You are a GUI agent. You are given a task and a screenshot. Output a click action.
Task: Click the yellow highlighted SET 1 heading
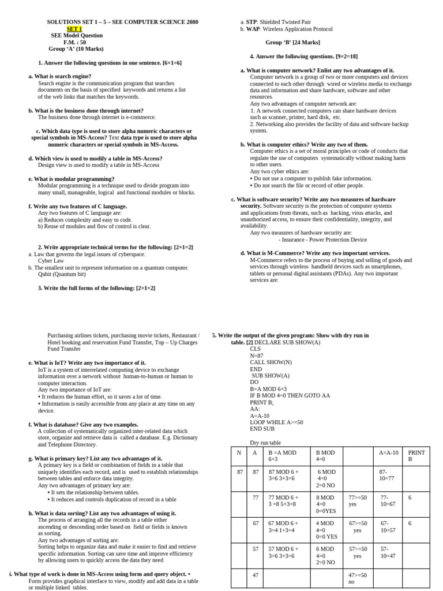click(74, 29)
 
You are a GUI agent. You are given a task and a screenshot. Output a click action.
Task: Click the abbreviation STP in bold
click(251, 22)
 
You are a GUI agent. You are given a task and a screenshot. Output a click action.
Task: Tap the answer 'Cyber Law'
click(51, 261)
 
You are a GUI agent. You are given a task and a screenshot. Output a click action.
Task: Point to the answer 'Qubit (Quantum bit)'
click(62, 274)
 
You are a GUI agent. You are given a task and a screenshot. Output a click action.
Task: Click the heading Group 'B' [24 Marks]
click(292, 43)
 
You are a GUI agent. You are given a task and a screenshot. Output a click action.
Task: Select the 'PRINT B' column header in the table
click(416, 455)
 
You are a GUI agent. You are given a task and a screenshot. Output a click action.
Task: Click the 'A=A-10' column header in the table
click(388, 452)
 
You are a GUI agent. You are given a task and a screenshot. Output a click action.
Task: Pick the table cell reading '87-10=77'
click(386, 475)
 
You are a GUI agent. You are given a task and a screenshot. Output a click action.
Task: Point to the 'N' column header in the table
click(239, 452)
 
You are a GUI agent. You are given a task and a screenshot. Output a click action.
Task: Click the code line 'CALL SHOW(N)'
click(271, 362)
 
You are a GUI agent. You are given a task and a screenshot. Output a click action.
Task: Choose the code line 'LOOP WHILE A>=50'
click(276, 422)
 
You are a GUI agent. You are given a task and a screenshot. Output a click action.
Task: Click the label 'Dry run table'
click(265, 443)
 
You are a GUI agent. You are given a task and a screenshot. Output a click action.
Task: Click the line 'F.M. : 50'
click(74, 42)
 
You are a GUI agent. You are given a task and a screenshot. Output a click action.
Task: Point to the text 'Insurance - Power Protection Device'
click(322, 240)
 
